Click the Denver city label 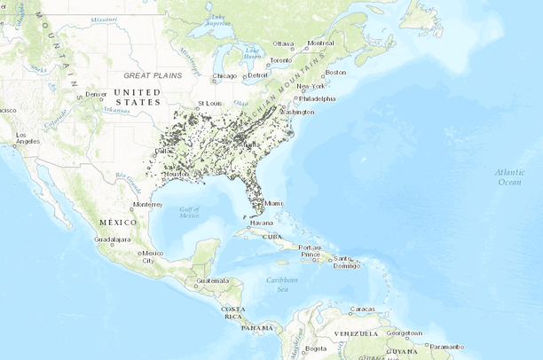click(97, 93)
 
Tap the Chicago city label click(225, 76)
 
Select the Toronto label click(280, 60)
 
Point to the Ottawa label click(282, 43)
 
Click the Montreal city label click(320, 43)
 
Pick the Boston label click(335, 72)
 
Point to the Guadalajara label click(113, 239)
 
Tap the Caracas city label click(362, 309)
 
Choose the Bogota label click(315, 348)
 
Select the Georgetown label click(404, 333)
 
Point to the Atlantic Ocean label click(509, 176)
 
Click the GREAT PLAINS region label click(154, 76)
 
